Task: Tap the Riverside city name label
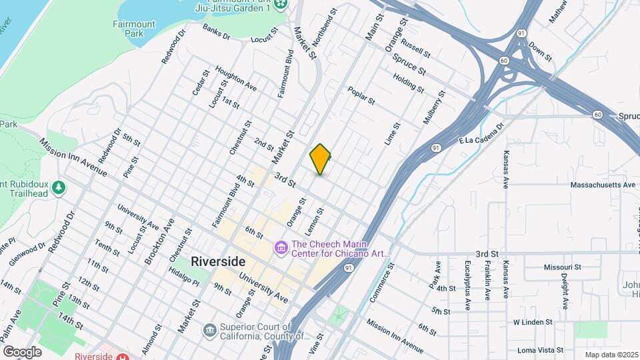point(219,261)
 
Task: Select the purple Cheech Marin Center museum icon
point(281,248)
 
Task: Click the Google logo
point(23,351)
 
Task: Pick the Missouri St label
point(562,267)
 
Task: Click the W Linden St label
point(533,322)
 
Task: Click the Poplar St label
point(361,95)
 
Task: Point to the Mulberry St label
point(433,111)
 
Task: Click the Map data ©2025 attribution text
point(611,355)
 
